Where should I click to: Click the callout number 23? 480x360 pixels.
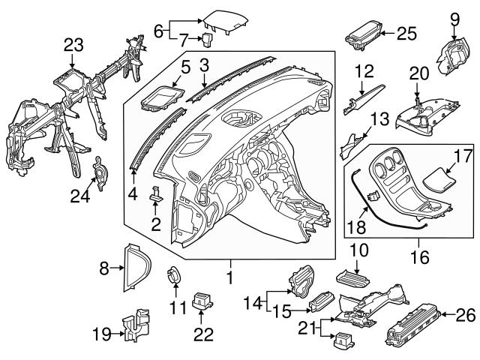(x=73, y=45)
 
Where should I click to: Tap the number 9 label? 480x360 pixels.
(x=454, y=16)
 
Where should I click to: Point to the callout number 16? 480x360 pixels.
(x=418, y=257)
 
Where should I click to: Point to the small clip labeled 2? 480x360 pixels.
(x=157, y=195)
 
